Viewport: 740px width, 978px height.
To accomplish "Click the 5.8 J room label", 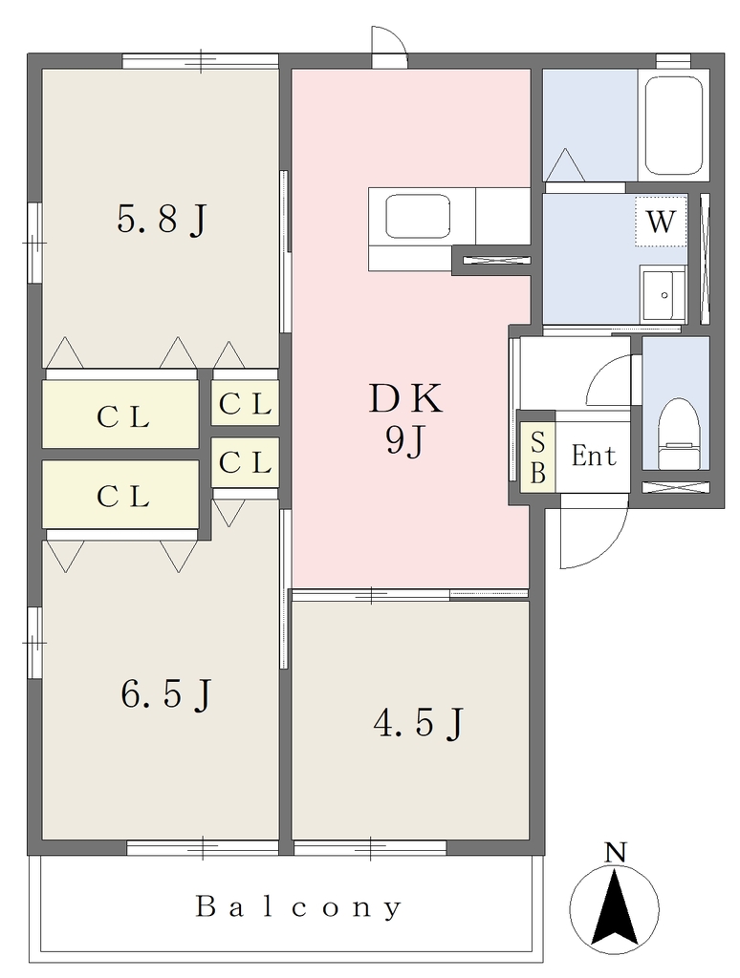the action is click(x=162, y=221).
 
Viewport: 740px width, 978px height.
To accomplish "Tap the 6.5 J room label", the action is click(x=166, y=695).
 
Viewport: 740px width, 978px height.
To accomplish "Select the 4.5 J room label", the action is click(x=419, y=724).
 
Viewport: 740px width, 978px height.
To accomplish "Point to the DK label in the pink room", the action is click(x=405, y=399).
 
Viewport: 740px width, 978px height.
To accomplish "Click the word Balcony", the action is click(x=298, y=907).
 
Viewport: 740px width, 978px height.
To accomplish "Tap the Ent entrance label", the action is click(x=594, y=456).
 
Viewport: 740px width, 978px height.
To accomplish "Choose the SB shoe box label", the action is click(x=538, y=458).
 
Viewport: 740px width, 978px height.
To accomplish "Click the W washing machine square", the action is click(x=661, y=221).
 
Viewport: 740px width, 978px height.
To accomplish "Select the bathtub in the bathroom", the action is click(x=673, y=125).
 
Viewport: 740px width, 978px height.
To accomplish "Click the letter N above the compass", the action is click(x=617, y=852).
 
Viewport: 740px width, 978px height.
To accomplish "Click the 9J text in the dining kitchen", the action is click(x=405, y=441).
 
